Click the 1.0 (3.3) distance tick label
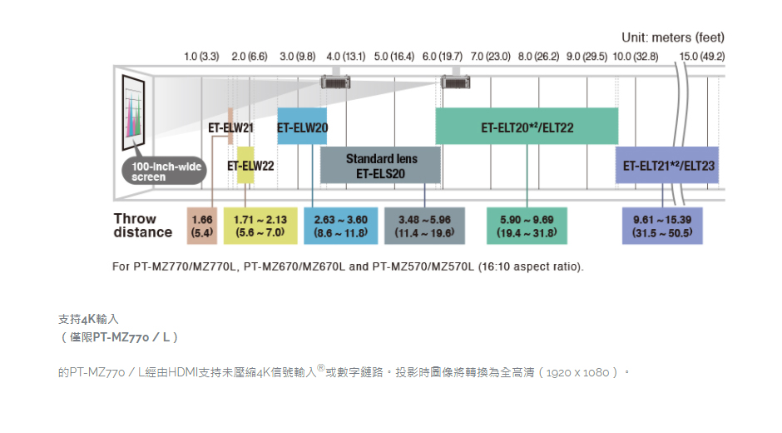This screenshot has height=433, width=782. click(201, 57)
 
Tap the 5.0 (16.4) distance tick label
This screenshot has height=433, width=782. click(394, 57)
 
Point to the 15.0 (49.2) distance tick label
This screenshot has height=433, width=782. click(701, 57)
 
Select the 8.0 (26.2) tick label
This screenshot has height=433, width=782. click(538, 57)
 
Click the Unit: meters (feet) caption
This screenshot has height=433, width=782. click(673, 37)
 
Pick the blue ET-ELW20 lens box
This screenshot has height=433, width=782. click(302, 127)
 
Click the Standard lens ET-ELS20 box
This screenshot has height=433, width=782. click(380, 166)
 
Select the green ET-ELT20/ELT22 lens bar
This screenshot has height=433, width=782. click(527, 127)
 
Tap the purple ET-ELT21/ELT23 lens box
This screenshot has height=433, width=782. click(667, 165)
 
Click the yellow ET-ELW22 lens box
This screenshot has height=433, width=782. click(245, 165)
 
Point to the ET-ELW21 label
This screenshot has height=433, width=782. click(231, 128)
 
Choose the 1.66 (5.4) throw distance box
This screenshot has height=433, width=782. click(202, 226)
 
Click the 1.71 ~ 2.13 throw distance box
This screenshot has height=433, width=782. click(260, 226)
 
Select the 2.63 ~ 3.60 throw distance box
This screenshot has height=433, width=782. click(340, 226)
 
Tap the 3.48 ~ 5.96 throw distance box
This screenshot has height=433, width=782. click(424, 226)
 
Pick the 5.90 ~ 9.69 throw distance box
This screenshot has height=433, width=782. click(527, 226)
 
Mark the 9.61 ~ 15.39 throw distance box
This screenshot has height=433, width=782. click(662, 226)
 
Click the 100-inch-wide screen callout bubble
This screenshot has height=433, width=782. click(164, 172)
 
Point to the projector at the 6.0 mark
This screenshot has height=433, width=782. click(455, 82)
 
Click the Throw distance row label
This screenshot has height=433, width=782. click(142, 226)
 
